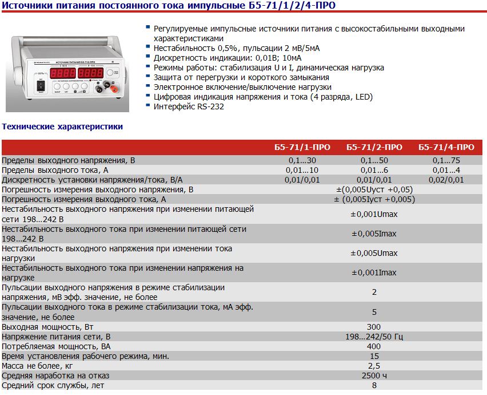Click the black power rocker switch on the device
(x=40, y=86)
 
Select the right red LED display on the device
(x=90, y=73)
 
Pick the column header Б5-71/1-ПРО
(x=302, y=147)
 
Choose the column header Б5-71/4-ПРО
(x=446, y=147)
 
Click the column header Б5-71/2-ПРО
(x=374, y=147)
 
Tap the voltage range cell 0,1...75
(x=446, y=160)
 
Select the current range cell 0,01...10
(x=302, y=170)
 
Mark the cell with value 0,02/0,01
(x=446, y=180)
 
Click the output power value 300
(x=374, y=326)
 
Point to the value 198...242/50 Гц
(x=374, y=336)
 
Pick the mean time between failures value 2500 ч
(x=374, y=376)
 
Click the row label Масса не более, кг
(x=38, y=366)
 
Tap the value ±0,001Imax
(x=374, y=272)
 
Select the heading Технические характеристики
(x=63, y=127)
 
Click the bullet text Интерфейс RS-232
(x=189, y=106)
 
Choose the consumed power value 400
(x=374, y=346)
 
